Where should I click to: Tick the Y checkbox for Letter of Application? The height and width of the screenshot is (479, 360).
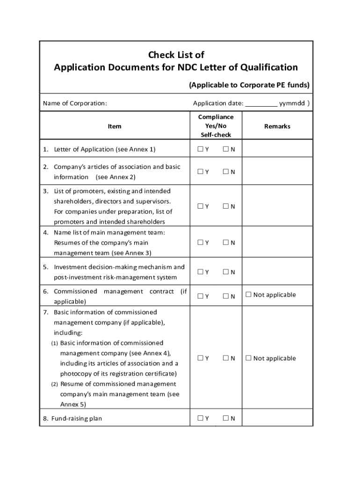[x=200, y=149]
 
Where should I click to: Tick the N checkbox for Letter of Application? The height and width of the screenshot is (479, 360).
[x=225, y=149]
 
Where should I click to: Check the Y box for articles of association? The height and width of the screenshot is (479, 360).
[x=200, y=172]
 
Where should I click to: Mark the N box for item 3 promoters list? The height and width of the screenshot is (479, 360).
[x=225, y=206]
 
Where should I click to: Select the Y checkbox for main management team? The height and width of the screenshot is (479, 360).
[x=200, y=242]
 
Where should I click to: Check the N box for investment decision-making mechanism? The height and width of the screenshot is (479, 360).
[x=225, y=272]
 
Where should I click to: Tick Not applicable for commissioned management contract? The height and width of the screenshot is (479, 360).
[x=249, y=295]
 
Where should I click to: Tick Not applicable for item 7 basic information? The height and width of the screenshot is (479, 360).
[x=249, y=358]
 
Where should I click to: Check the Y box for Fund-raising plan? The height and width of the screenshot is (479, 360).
[x=200, y=418]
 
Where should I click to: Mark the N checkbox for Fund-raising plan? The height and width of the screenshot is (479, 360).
[x=225, y=418]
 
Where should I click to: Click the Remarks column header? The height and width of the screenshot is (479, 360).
[x=277, y=126]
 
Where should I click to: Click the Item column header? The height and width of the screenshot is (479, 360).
[x=115, y=126]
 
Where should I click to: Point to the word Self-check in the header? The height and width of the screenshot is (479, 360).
[x=216, y=135]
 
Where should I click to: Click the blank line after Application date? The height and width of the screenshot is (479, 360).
[x=261, y=104]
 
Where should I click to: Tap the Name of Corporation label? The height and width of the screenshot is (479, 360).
[x=75, y=103]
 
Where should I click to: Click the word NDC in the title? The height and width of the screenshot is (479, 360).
[x=188, y=67]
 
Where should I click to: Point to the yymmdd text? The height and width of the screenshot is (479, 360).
[x=292, y=103]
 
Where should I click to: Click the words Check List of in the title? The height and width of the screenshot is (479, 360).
[x=176, y=55]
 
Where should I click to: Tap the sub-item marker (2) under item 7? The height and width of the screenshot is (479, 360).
[x=55, y=384]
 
